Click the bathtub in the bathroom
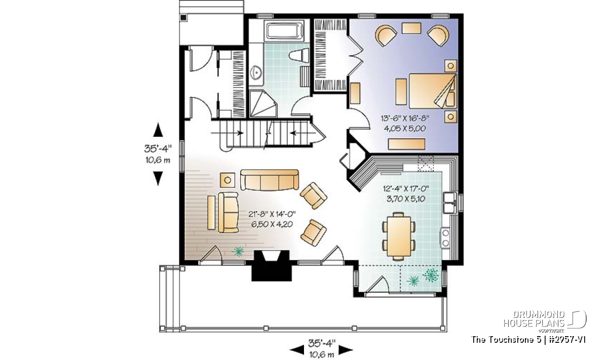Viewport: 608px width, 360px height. [x=285, y=32]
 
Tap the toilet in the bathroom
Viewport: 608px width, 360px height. [x=299, y=56]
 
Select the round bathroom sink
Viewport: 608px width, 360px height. [x=256, y=72]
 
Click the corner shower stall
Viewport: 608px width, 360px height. [x=263, y=104]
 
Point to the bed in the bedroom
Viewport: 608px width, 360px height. [x=433, y=91]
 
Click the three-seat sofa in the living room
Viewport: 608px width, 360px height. [x=270, y=180]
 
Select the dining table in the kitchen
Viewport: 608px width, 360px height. [x=399, y=236]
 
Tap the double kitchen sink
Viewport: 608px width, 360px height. [x=450, y=203]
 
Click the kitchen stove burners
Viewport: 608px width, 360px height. [x=445, y=237]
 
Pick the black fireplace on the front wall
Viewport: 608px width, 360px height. [x=272, y=266]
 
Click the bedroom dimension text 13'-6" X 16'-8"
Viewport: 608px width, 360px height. [x=405, y=118]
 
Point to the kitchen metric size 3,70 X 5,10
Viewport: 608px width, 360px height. [x=406, y=199]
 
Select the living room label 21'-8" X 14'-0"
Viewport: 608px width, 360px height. [x=272, y=214]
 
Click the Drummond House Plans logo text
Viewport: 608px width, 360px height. [x=534, y=319]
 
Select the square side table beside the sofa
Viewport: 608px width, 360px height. [x=227, y=180]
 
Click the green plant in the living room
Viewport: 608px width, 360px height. [x=238, y=251]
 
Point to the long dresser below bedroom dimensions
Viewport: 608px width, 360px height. [x=406, y=144]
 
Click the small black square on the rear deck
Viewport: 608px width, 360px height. [x=183, y=18]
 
